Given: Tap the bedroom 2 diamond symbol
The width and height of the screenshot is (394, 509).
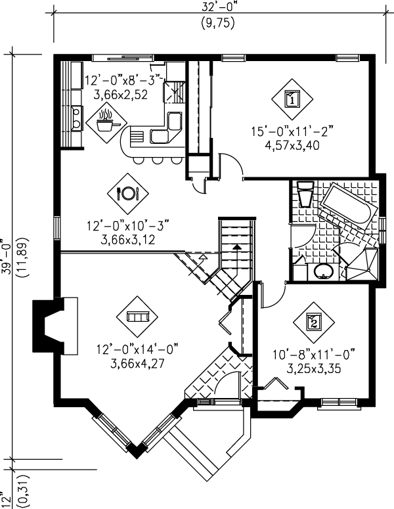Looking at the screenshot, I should [x=313, y=321].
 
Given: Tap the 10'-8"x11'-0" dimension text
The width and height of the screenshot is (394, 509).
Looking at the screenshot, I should [x=313, y=355].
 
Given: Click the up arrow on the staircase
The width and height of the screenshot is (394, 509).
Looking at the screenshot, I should [x=236, y=247].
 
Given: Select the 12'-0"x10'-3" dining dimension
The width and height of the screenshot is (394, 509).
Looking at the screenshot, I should [x=127, y=226].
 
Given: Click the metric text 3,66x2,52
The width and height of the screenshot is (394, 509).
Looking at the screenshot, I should [x=121, y=94].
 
